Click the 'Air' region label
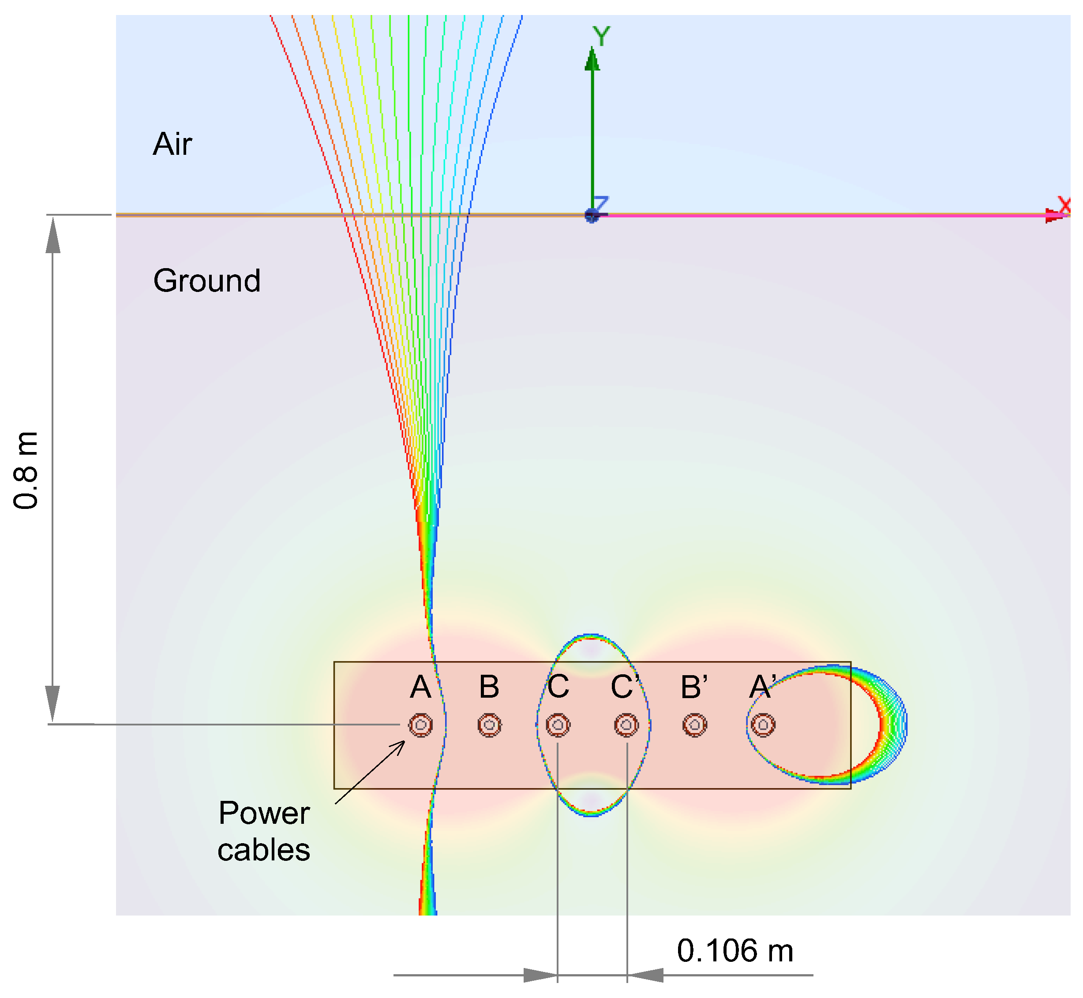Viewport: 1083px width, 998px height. (172, 144)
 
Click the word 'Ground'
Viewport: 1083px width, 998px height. (207, 281)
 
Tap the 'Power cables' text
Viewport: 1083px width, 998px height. (264, 832)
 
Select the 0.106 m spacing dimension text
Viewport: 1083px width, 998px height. (734, 950)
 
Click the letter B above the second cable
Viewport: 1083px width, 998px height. (489, 687)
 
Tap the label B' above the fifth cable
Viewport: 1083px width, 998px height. (694, 687)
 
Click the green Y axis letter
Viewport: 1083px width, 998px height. (601, 36)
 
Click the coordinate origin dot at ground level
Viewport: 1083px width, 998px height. (592, 216)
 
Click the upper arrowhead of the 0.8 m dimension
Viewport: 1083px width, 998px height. (53, 235)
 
